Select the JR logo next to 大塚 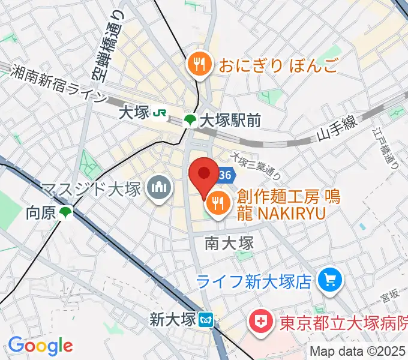tap(159, 113)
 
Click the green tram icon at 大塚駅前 tap(190, 121)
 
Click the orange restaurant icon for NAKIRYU tap(217, 205)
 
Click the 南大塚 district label tap(229, 243)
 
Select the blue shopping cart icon tap(329, 279)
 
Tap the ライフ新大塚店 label tap(254, 280)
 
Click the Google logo tap(40, 346)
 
